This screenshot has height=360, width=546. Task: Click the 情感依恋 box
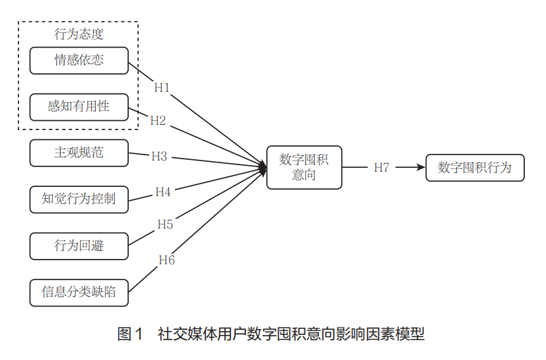click(x=79, y=61)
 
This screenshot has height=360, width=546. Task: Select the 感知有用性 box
click(x=79, y=106)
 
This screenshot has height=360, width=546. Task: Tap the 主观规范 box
click(x=79, y=153)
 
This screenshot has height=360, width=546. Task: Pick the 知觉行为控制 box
click(x=79, y=199)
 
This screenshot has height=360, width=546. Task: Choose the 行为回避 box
click(x=79, y=246)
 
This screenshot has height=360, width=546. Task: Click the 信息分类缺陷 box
click(x=79, y=292)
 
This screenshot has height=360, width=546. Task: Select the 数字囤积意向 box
click(x=304, y=167)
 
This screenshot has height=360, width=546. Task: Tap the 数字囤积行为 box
click(x=475, y=167)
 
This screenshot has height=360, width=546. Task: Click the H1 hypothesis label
click(x=162, y=87)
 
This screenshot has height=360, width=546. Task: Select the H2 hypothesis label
click(x=158, y=121)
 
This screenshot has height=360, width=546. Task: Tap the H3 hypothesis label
click(x=159, y=157)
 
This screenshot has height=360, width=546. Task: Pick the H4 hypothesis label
click(x=163, y=192)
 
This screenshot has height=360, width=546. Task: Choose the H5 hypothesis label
click(x=165, y=225)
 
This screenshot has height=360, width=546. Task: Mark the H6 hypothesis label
click(x=167, y=260)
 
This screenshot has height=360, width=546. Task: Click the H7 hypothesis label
click(x=382, y=167)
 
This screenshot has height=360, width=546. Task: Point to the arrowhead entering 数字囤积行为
click(x=421, y=167)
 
